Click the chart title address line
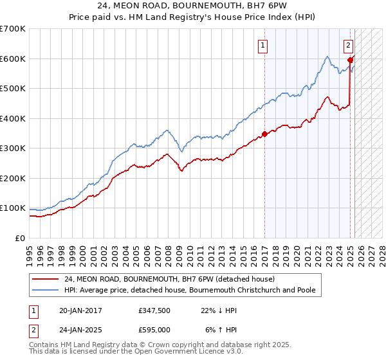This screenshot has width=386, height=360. (x=193, y=6)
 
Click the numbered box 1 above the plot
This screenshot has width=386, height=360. (x=264, y=45)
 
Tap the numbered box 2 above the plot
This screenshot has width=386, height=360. (x=348, y=45)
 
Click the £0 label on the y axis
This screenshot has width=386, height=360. (x=21, y=238)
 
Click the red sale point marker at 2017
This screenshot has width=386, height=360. (x=264, y=134)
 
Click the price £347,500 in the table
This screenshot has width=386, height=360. (x=154, y=310)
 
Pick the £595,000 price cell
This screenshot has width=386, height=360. (x=154, y=330)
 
